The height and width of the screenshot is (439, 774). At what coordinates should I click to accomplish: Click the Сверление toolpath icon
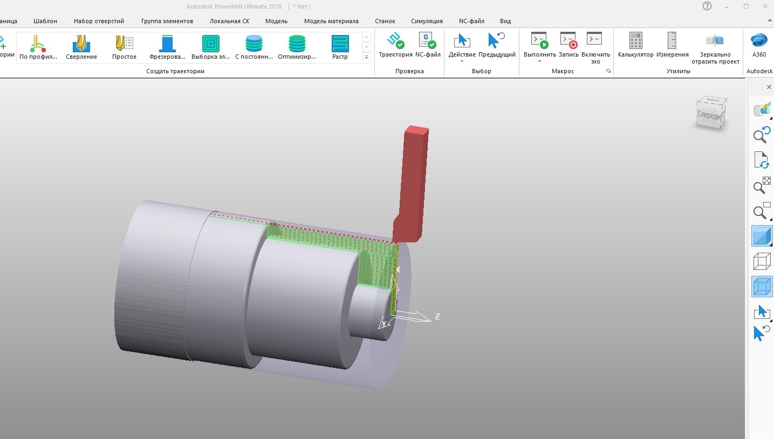[x=81, y=44]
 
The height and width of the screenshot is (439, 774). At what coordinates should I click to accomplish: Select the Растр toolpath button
[x=340, y=44]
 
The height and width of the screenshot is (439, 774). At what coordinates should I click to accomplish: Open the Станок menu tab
[x=385, y=21]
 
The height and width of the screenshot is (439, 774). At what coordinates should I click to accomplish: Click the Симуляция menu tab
[x=427, y=21]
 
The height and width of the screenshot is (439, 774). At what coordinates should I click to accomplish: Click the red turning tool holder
[x=413, y=183]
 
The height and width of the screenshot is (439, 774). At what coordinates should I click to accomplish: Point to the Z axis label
[x=437, y=317]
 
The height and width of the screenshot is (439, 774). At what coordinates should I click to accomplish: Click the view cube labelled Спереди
[x=711, y=114]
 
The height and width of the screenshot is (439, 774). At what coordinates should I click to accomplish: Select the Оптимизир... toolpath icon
[x=297, y=44]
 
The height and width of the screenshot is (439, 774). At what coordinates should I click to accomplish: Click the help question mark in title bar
[x=707, y=6]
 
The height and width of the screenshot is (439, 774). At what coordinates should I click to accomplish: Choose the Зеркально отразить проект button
[x=715, y=46]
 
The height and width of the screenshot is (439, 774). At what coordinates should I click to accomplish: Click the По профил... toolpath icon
[x=38, y=44]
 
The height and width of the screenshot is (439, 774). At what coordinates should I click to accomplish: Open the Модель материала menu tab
[x=331, y=21]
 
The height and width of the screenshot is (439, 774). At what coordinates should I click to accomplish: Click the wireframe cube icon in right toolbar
[x=762, y=262]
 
